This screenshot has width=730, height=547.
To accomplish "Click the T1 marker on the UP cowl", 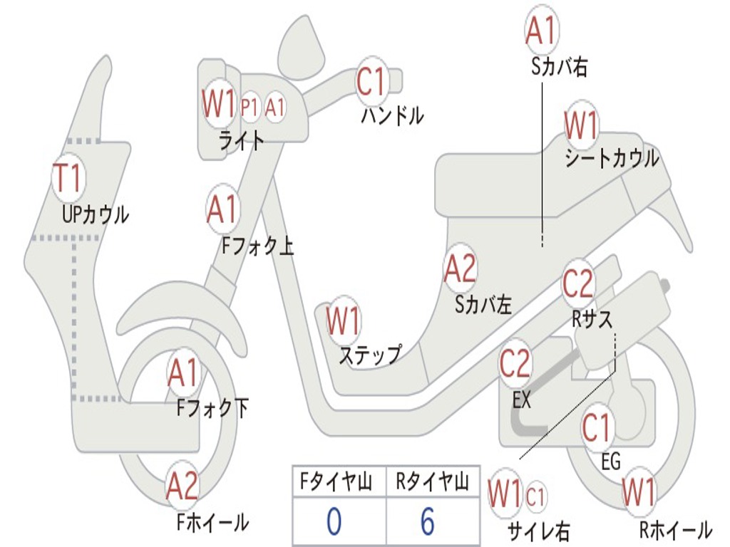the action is (x=68, y=178).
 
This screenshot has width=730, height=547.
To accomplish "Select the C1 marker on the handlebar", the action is (x=371, y=82).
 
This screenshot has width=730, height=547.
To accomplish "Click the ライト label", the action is (x=241, y=140).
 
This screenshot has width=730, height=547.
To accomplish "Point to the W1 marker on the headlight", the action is (x=218, y=105).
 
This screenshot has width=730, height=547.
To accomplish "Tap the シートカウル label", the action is (x=612, y=158).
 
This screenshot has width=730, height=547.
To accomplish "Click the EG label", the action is (x=611, y=462).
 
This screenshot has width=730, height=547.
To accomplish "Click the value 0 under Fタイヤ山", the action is (x=333, y=522).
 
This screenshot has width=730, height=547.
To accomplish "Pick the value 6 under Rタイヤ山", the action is (x=427, y=522).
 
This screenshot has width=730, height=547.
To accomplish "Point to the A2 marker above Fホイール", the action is (x=182, y=487).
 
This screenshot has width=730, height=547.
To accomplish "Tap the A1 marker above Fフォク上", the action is (x=222, y=209).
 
